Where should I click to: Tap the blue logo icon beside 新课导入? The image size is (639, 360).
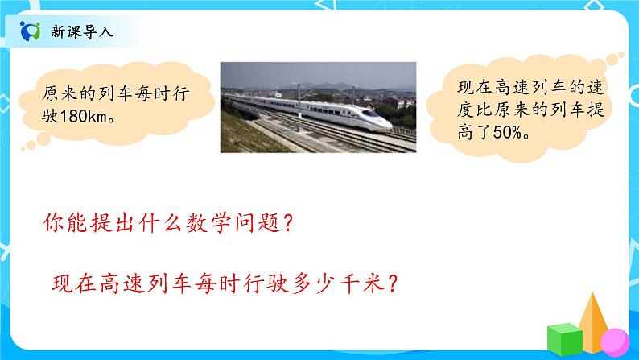[x=31, y=31]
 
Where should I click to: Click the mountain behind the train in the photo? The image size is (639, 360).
[x=322, y=85]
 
